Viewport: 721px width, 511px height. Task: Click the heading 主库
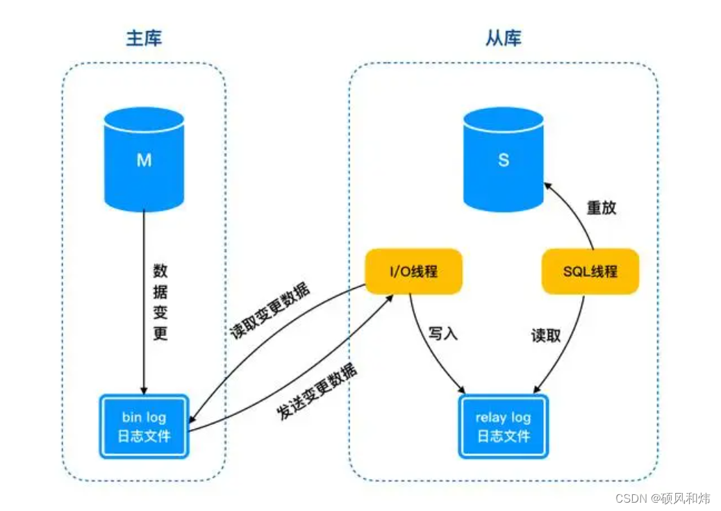click(x=144, y=38)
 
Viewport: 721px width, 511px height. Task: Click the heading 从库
click(x=503, y=38)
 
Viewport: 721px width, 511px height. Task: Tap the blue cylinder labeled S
click(x=504, y=170)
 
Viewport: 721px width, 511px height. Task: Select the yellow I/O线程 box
click(x=413, y=271)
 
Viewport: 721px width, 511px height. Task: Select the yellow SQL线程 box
click(x=590, y=271)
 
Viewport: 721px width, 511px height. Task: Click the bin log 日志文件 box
click(x=144, y=426)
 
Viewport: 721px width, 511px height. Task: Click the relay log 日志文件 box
click(x=504, y=426)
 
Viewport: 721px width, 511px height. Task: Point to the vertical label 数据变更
click(x=160, y=301)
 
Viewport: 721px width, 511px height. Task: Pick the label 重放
click(x=601, y=208)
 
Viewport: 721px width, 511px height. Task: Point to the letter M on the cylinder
click(x=144, y=160)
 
